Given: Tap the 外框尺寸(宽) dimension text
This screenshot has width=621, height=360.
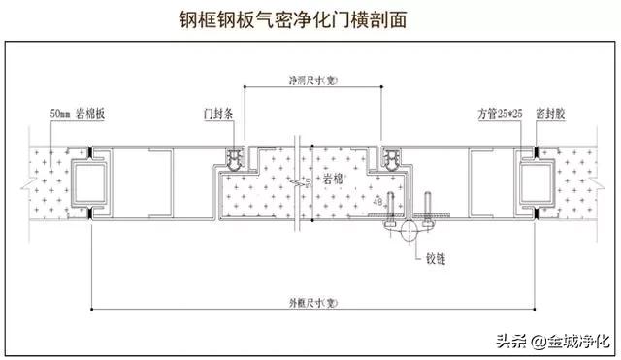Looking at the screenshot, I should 310,301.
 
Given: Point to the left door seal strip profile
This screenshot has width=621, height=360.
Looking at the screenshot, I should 234,158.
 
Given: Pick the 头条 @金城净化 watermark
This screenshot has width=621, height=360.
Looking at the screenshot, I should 552,341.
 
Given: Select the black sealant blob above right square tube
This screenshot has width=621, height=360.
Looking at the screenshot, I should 534,151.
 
